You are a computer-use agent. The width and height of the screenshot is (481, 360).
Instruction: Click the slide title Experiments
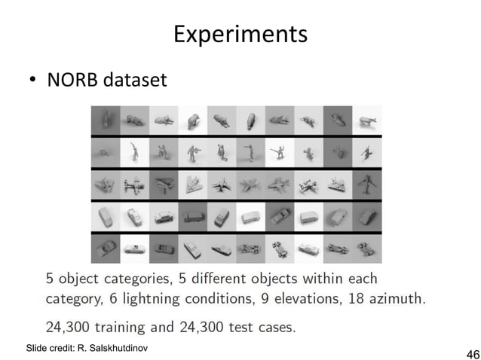point(240,35)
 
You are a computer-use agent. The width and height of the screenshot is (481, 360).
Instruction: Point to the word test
point(241,328)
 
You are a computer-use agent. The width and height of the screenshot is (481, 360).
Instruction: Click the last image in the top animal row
point(367,120)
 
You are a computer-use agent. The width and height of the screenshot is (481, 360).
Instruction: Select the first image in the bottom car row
point(105,249)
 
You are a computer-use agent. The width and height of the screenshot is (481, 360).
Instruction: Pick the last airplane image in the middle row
point(367,185)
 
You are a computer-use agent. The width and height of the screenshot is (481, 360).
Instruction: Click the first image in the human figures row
point(105,152)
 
